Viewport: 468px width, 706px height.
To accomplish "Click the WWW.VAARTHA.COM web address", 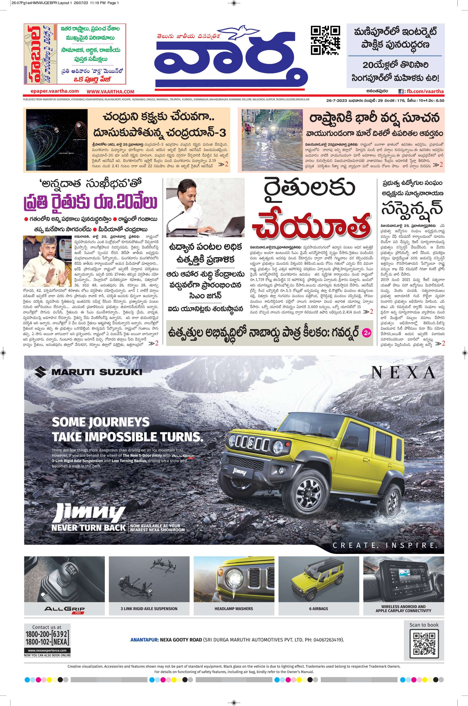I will click(111, 92).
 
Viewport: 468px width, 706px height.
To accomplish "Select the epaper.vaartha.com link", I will click(55, 91).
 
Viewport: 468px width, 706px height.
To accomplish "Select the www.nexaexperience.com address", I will click(47, 650).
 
